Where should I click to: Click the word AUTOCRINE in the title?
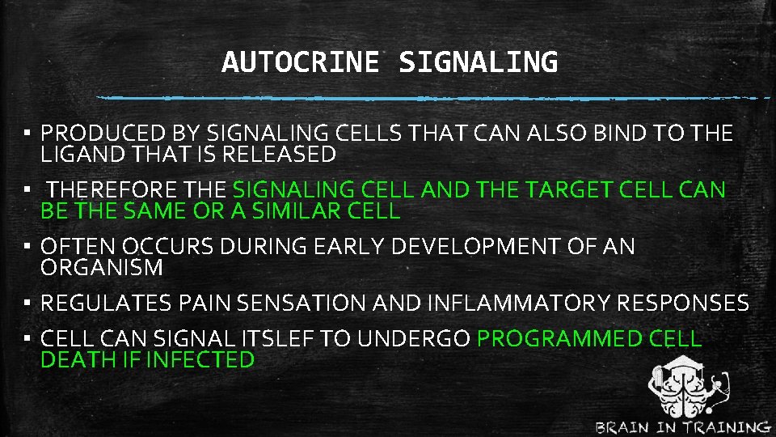(299, 62)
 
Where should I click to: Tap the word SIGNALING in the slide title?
(478, 62)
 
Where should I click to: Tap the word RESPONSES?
(683, 303)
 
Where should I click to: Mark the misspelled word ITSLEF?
(274, 339)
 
